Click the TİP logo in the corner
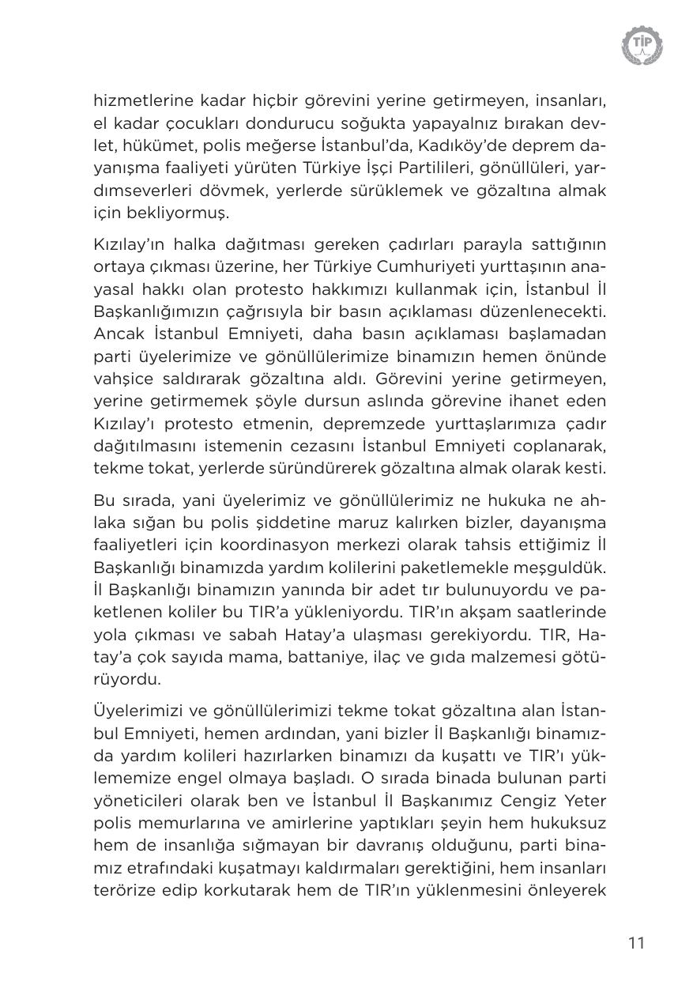642,45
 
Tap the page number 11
636,942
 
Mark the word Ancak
116,333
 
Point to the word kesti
588,468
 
